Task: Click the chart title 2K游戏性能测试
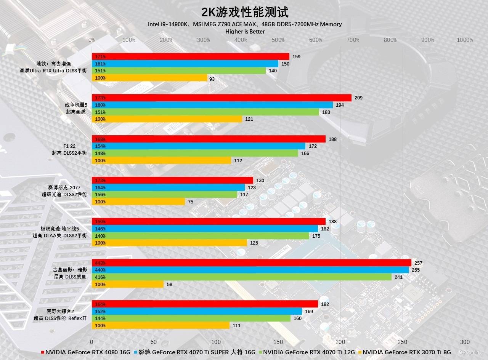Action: [x=245, y=12]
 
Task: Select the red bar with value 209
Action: [x=221, y=98]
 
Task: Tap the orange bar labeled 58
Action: [x=127, y=284]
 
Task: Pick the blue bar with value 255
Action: [x=250, y=270]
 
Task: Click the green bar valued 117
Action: [x=164, y=195]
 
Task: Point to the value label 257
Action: [x=419, y=263]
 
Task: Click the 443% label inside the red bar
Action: [x=100, y=263]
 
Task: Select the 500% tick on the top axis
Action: [x=278, y=40]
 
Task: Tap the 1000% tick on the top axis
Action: [x=465, y=40]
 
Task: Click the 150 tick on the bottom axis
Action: [x=278, y=342]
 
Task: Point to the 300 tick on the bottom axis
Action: [x=465, y=342]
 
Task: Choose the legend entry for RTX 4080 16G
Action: [x=85, y=352]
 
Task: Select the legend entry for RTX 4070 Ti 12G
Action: [x=307, y=352]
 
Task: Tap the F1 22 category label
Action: [x=69, y=146]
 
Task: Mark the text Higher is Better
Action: [x=245, y=32]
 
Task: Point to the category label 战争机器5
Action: [x=76, y=105]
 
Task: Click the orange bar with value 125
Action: [x=169, y=243]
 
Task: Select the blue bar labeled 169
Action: [x=196, y=311]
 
